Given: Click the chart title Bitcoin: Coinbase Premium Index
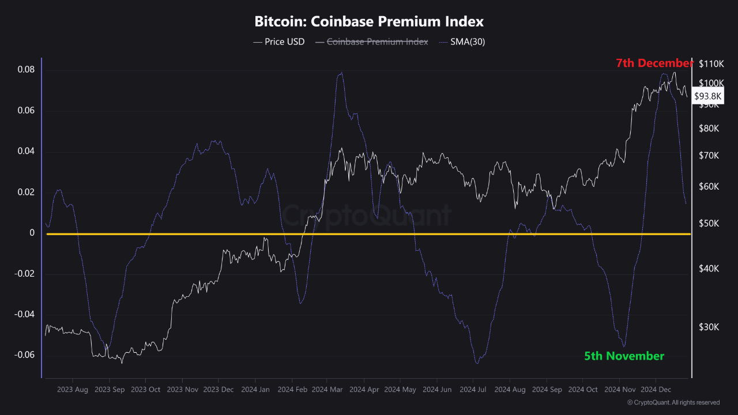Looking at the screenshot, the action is [369, 21].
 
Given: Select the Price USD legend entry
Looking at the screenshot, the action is [278, 42].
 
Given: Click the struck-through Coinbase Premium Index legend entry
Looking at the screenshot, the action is [372, 42].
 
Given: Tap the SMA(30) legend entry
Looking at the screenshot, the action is [462, 42].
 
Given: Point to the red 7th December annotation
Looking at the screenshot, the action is [654, 63].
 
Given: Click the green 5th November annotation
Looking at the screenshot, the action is [624, 356].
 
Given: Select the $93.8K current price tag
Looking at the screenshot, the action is [707, 96].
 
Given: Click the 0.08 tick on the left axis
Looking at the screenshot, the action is [26, 70].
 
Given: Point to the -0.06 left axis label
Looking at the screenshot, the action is [24, 355].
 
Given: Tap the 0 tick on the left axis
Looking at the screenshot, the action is [32, 233].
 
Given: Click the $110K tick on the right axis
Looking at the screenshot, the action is [711, 64].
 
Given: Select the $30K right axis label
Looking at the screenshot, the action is [709, 327].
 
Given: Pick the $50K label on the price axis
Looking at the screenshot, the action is [709, 224].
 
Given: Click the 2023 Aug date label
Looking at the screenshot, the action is [73, 390].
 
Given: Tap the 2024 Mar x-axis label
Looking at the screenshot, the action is [327, 390].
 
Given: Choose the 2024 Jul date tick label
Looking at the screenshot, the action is [473, 390].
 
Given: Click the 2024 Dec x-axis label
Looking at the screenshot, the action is [656, 390].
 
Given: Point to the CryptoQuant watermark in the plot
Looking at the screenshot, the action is [366, 216].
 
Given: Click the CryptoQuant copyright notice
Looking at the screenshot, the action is [673, 402].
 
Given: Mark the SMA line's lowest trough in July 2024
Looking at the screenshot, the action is [477, 363].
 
